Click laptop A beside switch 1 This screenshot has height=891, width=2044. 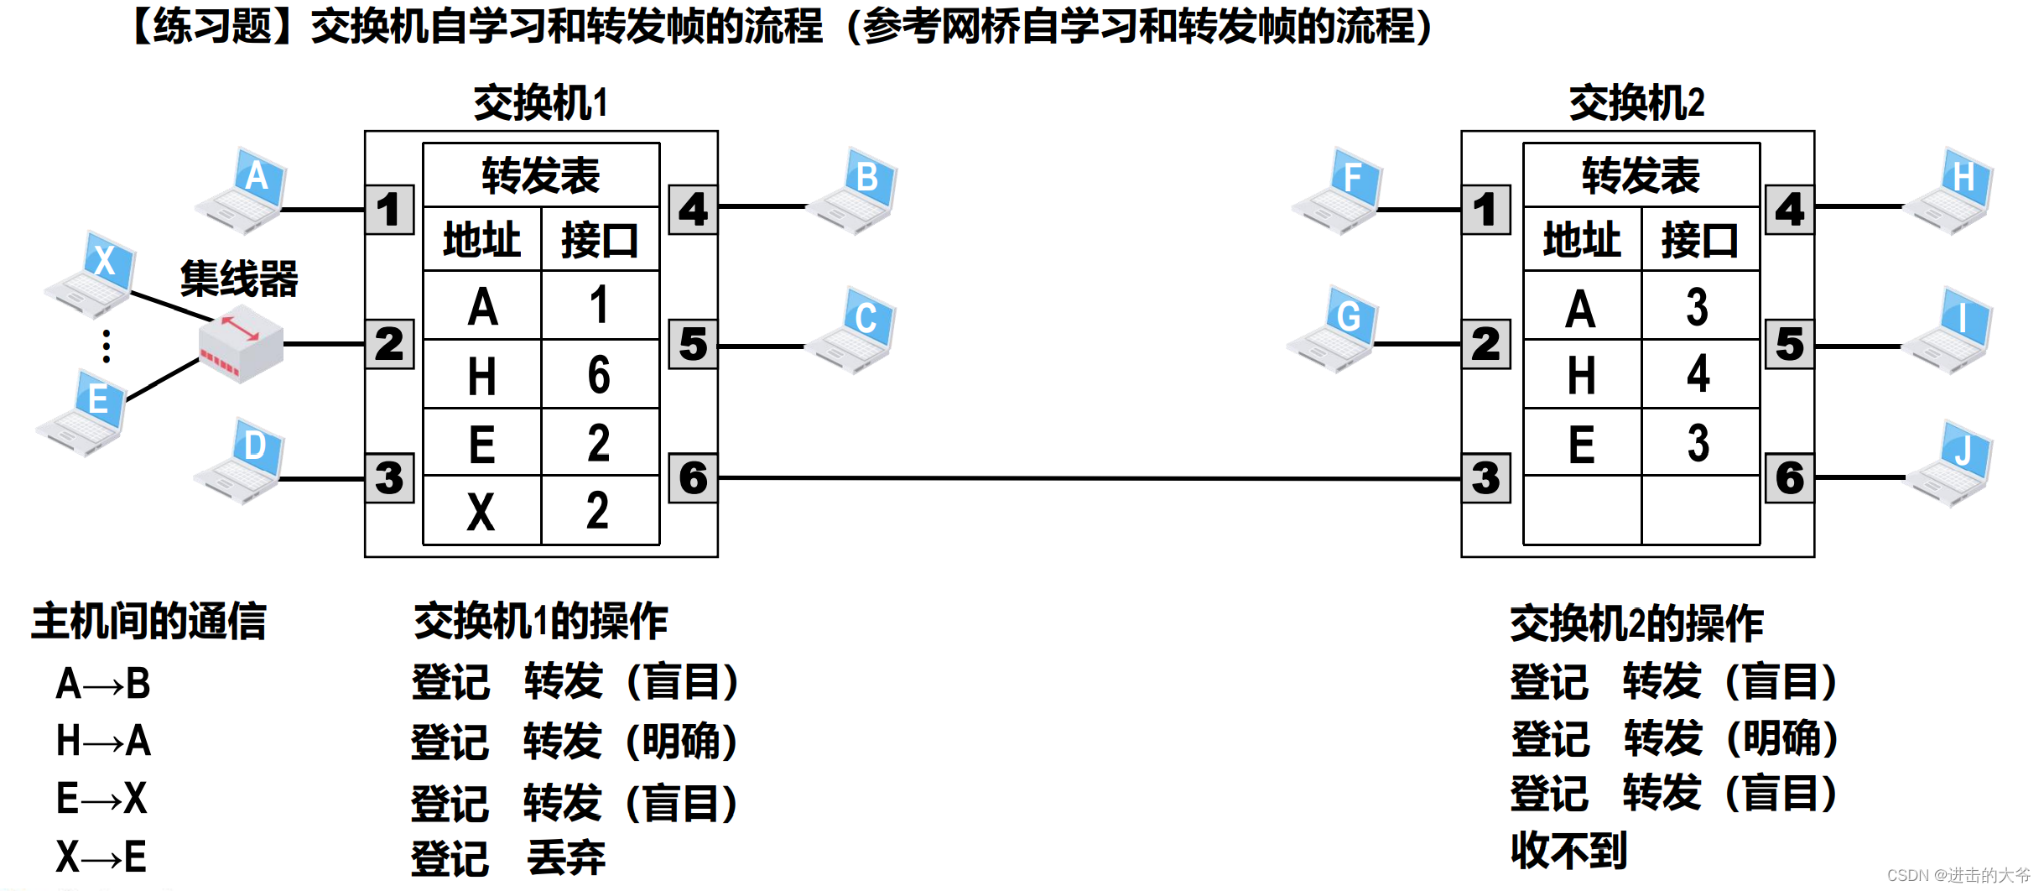pos(243,191)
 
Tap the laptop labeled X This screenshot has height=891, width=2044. pos(92,275)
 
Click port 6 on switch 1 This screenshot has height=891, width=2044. pos(693,478)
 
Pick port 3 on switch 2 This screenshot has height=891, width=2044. pos(1485,478)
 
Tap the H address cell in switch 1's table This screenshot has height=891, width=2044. pos(482,375)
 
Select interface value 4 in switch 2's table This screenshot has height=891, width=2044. pos(1698,375)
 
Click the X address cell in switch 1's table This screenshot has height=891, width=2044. pos(481,511)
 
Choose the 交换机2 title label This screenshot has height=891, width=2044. pos(1636,103)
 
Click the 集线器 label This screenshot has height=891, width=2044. pos(239,279)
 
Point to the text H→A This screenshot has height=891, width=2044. pos(103,741)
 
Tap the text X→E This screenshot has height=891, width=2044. pos(101,857)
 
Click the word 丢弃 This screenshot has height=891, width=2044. pos(566,857)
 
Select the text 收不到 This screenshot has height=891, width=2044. pos(1568,851)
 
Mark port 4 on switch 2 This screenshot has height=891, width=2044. pos(1789,210)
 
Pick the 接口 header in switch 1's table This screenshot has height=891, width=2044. pos(600,240)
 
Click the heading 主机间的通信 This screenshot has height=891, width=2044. pos(148,622)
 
